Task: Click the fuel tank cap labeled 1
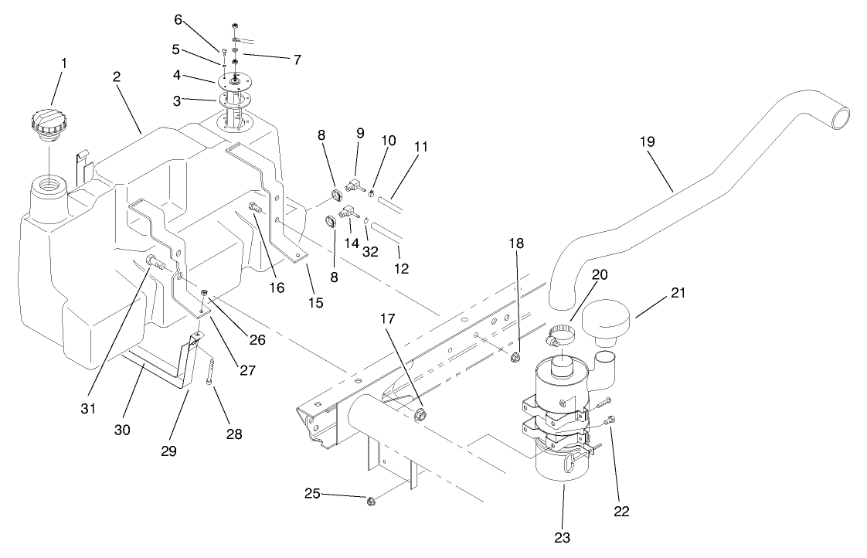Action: point(48,126)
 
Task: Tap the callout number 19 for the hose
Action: point(648,142)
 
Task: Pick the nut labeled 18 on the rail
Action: point(515,356)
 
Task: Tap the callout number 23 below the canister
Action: point(563,536)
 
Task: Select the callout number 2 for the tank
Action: point(115,77)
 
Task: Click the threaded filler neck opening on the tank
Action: point(48,189)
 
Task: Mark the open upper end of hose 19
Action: point(838,117)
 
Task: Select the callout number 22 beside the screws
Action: point(621,511)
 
